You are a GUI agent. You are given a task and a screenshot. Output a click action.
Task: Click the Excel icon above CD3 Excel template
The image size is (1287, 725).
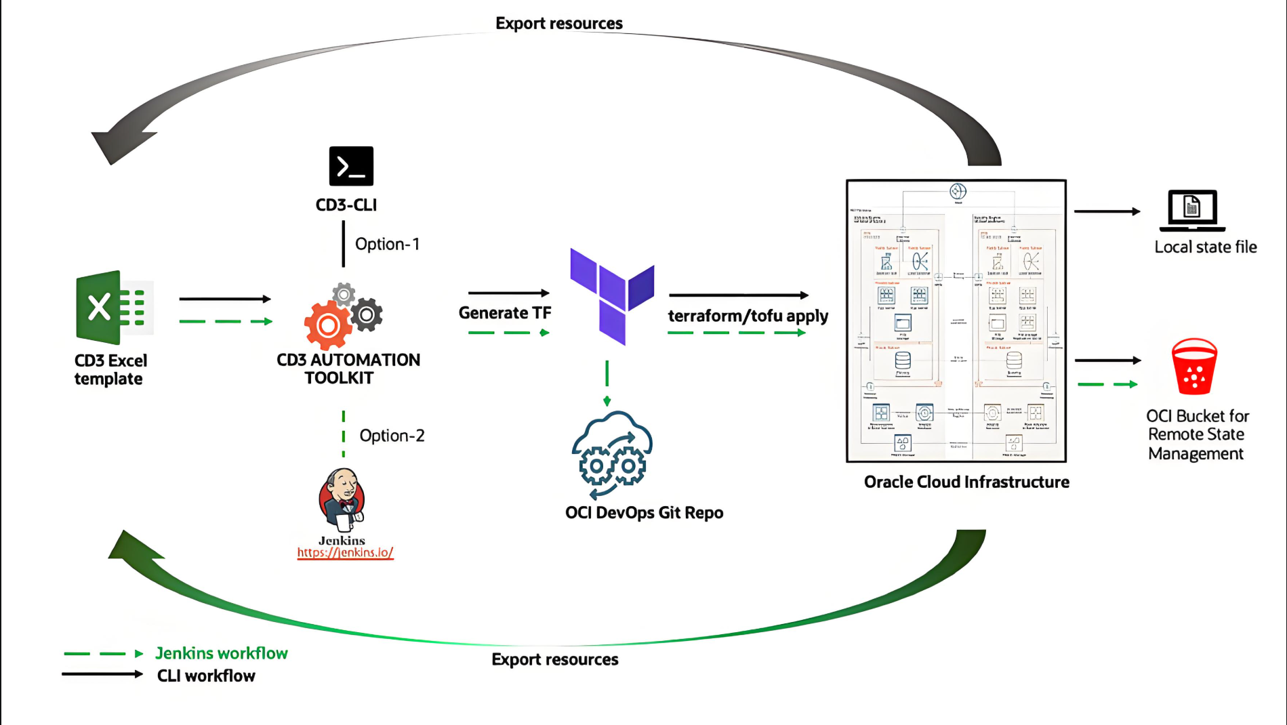pyautogui.click(x=114, y=308)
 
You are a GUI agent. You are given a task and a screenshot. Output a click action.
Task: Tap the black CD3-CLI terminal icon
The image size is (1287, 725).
pyautogui.click(x=351, y=166)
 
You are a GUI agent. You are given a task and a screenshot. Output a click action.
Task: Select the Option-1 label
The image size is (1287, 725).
pyautogui.click(x=387, y=244)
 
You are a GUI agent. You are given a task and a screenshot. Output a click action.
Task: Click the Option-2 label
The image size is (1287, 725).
pyautogui.click(x=392, y=436)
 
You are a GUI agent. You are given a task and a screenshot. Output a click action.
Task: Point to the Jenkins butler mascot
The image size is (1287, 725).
pyautogui.click(x=342, y=500)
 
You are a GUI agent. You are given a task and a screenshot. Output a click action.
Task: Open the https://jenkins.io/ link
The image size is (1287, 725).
pyautogui.click(x=345, y=553)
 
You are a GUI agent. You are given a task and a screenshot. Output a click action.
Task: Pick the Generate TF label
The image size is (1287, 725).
pyautogui.click(x=505, y=313)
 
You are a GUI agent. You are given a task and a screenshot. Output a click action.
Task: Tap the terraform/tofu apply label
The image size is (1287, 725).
pyautogui.click(x=748, y=316)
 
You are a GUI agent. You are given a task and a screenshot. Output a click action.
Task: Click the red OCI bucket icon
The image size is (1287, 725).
pyautogui.click(x=1194, y=367)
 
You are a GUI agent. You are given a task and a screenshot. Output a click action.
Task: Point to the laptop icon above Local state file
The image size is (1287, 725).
pyautogui.click(x=1192, y=210)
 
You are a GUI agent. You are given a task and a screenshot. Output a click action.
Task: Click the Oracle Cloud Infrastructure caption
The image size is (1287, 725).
pyautogui.click(x=966, y=482)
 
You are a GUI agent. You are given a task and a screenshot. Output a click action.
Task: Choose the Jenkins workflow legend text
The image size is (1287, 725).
pyautogui.click(x=222, y=653)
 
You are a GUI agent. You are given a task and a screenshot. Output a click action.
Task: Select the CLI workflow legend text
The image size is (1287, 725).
pyautogui.click(x=206, y=676)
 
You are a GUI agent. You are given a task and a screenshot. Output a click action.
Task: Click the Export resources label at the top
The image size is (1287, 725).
pyautogui.click(x=559, y=24)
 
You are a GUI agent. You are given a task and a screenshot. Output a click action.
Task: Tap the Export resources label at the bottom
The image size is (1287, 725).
pyautogui.click(x=555, y=659)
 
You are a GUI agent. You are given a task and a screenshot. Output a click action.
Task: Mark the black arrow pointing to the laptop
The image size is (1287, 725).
pyautogui.click(x=1107, y=211)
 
